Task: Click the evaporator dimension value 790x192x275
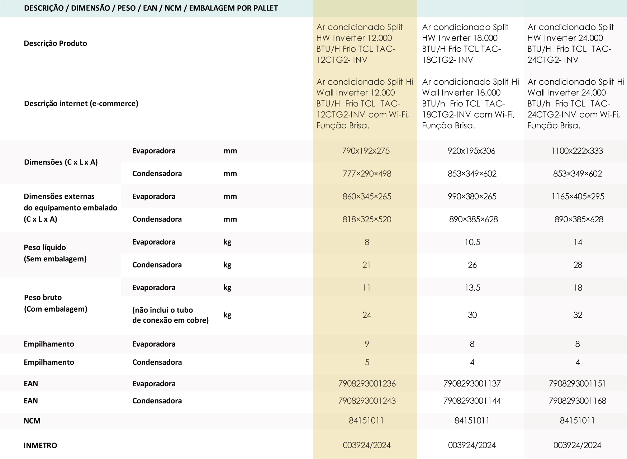366,151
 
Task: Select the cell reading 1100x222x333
577,151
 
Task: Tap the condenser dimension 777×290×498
366,174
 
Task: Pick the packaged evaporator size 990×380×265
472,197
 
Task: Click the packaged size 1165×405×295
578,197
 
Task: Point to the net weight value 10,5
472,242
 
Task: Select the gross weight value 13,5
472,288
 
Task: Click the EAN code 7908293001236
367,384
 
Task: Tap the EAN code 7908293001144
472,401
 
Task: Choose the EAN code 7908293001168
577,401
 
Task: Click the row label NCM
32,421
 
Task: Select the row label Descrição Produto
55,43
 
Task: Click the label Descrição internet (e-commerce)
81,104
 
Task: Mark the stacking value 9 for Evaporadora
366,344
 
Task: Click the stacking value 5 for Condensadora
367,363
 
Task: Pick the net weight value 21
366,265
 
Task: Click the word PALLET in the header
265,8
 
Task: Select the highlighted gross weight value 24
366,315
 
